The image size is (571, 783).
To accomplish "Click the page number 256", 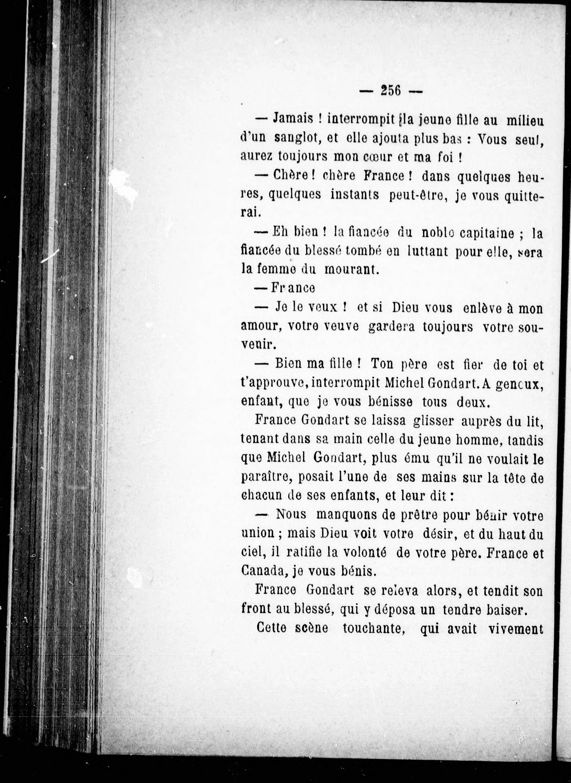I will pyautogui.click(x=390, y=91).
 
